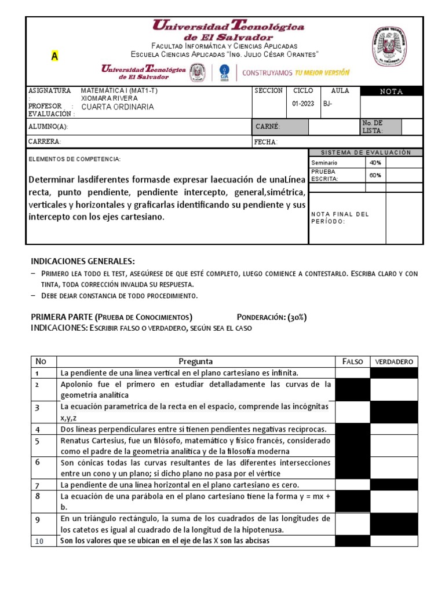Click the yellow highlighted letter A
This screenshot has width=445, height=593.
coord(54,56)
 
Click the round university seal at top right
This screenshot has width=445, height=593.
coord(389,47)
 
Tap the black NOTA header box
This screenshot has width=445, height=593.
coord(391,91)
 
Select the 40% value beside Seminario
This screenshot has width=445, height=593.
coord(375,163)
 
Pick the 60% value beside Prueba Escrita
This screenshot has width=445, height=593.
coord(375,175)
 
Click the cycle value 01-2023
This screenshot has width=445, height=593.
coord(303,104)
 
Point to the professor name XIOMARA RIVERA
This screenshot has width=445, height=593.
coord(109,98)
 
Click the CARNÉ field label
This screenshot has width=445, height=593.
coord(268,126)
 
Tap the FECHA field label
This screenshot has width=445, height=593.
coord(266,142)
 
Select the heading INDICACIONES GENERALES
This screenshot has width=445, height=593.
coord(82,261)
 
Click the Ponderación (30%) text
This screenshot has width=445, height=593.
coord(272,317)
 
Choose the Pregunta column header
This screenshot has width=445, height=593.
coord(195,361)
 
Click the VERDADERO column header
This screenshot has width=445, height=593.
coord(393,361)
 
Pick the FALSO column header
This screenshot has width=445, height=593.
coord(352,361)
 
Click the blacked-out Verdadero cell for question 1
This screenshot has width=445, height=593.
coord(393,372)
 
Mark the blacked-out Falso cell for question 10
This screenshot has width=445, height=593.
coord(352,541)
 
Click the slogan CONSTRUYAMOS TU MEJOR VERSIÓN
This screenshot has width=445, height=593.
coord(296,73)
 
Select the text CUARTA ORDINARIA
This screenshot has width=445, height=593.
coord(117,107)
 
